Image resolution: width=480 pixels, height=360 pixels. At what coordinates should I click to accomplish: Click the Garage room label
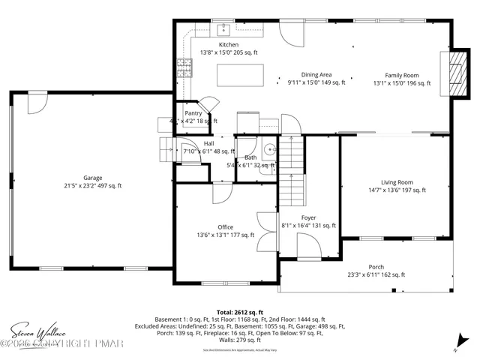93,178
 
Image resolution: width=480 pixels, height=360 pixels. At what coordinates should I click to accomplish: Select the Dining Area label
316,75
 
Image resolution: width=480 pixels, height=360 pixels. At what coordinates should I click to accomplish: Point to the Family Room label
402,75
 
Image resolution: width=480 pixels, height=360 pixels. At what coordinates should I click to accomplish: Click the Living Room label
397,182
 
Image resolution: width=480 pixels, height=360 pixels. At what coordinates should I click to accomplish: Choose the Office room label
226,227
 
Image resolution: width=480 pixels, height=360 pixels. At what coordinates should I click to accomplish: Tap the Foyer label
308,217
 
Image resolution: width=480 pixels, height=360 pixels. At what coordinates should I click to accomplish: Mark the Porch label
376,267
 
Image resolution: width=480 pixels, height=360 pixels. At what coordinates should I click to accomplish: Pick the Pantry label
193,113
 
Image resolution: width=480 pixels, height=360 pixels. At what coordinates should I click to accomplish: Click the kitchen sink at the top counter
223,31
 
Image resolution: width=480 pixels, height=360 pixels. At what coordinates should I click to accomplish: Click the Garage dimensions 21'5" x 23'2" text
93,185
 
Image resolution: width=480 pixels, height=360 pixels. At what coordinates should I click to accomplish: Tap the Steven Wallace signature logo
37,331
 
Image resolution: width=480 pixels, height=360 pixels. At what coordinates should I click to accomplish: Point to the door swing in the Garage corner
36,103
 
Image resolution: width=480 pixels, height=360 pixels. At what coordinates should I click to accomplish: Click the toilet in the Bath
269,148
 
